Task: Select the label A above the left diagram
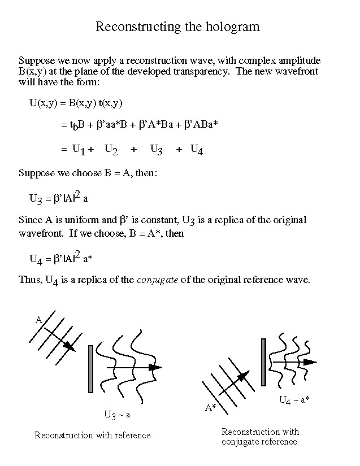pos(39,320)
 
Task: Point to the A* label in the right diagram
pos(210,407)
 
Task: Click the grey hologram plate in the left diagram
pos(91,369)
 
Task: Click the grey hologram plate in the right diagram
pos(263,362)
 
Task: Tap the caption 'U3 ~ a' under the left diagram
pos(117,415)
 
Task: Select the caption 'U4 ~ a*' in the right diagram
pos(294,400)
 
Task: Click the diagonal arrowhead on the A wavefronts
pos(70,346)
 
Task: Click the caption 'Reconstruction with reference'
pos(93,435)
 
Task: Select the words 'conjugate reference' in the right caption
pos(259,442)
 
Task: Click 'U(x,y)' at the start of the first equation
pos(44,103)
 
